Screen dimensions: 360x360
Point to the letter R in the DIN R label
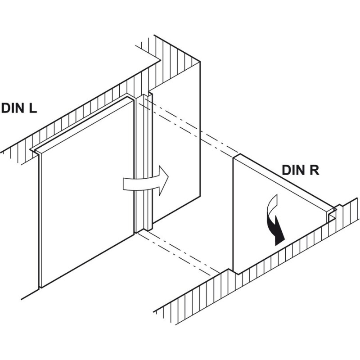314,170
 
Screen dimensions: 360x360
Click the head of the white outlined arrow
163,180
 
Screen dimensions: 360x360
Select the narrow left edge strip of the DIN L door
39,220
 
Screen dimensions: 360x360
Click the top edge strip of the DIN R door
285,181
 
